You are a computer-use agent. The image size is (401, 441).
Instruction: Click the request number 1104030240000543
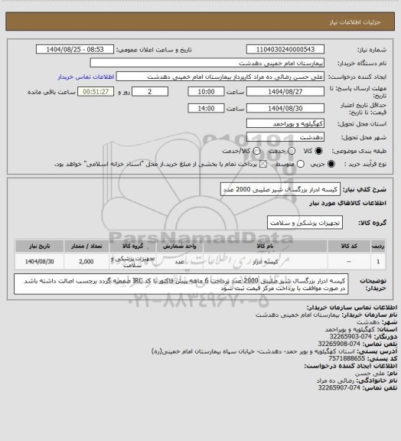284,49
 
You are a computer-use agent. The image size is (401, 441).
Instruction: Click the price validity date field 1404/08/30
284,108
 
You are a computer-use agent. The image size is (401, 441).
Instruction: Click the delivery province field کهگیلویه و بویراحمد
284,122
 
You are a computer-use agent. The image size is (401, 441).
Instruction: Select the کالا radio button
311,150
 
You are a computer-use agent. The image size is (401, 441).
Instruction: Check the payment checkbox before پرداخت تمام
243,164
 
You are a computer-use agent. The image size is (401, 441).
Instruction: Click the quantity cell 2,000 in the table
86,262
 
